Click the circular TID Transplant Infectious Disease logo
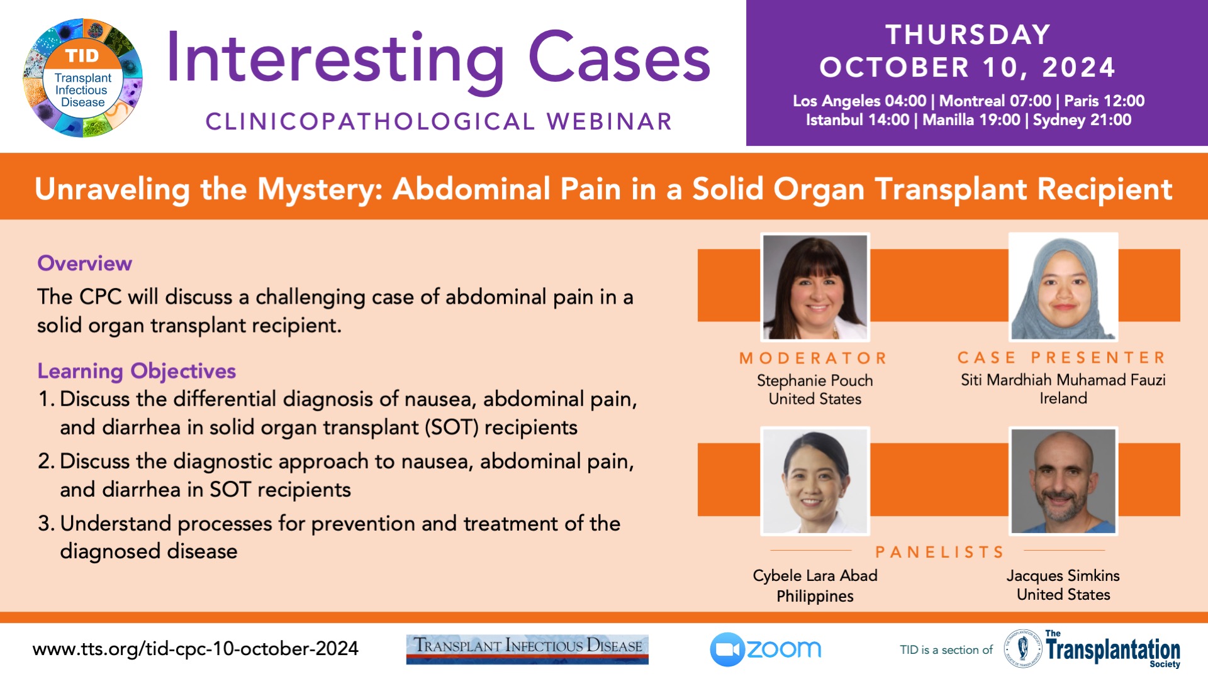[x=82, y=78]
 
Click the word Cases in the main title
[x=619, y=58]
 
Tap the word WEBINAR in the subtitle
[x=610, y=121]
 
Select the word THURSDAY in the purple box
[x=968, y=35]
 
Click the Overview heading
[x=85, y=263]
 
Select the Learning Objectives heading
[x=137, y=371]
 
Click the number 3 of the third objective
[x=43, y=523]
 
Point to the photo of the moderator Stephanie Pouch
[x=815, y=287]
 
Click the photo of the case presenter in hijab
[x=1063, y=286]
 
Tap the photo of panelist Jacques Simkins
[x=1063, y=481]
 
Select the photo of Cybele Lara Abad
[x=815, y=481]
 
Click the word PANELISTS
[x=939, y=552]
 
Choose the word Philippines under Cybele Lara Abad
[x=815, y=596]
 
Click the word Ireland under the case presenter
[x=1063, y=398]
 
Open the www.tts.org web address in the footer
[x=196, y=648]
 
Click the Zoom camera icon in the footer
[x=727, y=649]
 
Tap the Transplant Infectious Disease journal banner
[x=527, y=649]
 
